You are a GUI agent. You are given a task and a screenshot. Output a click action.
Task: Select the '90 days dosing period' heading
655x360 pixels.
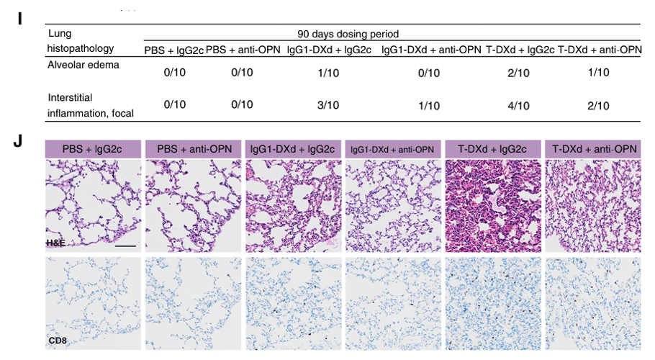[x=348, y=34]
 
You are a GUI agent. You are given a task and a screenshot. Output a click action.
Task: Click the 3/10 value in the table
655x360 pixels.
[x=328, y=105]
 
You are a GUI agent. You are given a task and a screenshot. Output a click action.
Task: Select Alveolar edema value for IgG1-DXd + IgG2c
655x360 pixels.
[x=328, y=72]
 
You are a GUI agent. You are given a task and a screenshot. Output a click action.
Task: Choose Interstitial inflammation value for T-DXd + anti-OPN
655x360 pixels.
[x=598, y=105]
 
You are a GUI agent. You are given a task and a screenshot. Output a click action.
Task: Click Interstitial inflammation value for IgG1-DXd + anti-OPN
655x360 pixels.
[x=430, y=105]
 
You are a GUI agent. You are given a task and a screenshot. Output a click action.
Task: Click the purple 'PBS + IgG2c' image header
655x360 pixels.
[x=91, y=149]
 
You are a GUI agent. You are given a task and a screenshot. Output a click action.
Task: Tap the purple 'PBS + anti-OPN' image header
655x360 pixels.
[x=191, y=149]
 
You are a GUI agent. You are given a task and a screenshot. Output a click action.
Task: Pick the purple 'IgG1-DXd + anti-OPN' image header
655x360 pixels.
[x=392, y=149]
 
